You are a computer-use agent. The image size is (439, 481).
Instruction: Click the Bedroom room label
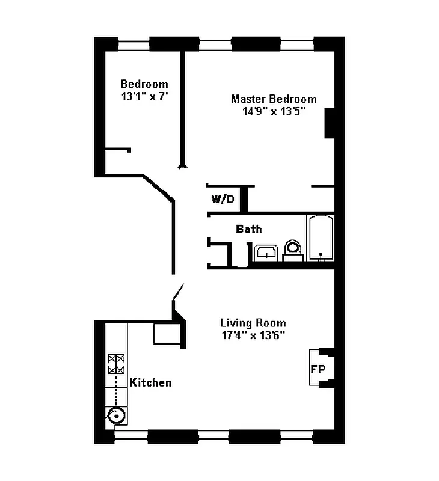coord(144,84)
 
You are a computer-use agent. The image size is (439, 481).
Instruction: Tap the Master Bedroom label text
coord(274,99)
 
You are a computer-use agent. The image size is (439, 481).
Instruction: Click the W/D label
coord(223,199)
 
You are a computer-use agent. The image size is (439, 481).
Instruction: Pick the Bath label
coord(248,229)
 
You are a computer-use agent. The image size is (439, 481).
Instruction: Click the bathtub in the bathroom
coord(321,238)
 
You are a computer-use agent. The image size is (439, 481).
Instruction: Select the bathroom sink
coord(265,253)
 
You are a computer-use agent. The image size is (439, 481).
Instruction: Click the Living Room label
coord(253,323)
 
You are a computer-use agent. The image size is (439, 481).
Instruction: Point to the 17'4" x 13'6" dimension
coord(253,335)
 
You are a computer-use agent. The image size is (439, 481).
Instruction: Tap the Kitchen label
coord(151,382)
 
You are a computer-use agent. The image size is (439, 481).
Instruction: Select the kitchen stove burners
coord(115,364)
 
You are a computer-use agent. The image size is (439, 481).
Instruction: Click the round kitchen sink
coord(116,414)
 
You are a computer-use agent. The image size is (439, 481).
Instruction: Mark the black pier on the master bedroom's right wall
coord(330,123)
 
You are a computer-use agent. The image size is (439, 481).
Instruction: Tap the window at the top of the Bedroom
coord(134,44)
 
